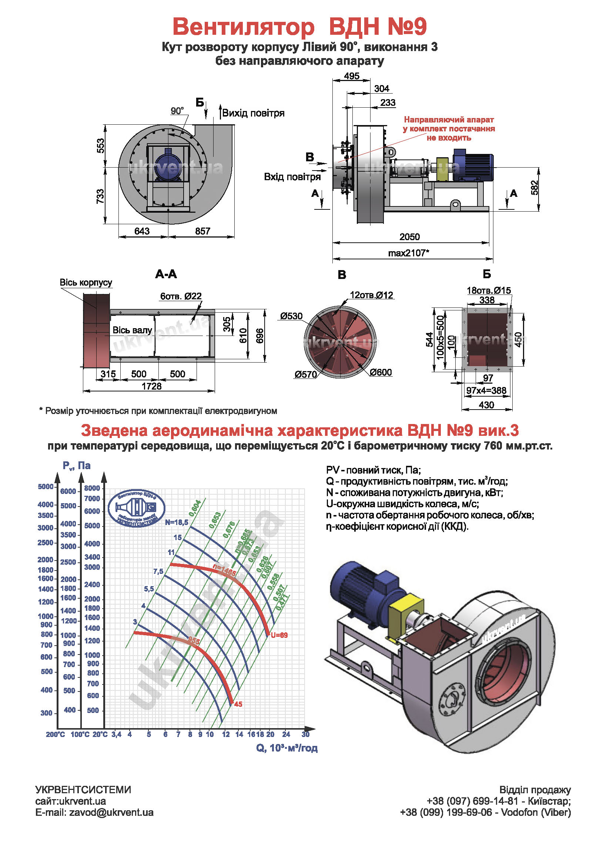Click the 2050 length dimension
[x=409, y=237]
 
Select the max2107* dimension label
[x=409, y=253]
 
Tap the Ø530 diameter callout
[x=291, y=316]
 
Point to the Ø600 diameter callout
[x=381, y=373]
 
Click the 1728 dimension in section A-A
[x=152, y=387]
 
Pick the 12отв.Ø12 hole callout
[x=372, y=295]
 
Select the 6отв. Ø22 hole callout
[x=181, y=296]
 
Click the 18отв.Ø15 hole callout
[x=489, y=290]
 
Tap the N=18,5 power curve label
[x=177, y=522]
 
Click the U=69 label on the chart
[x=279, y=635]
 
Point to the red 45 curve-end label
[x=238, y=704]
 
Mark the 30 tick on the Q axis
[x=305, y=734]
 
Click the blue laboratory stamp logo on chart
[x=137, y=508]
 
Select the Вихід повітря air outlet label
[x=253, y=113]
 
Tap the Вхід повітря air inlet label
[x=292, y=177]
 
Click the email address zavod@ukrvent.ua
[x=111, y=812]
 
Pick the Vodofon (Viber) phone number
[x=485, y=812]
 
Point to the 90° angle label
[x=177, y=111]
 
